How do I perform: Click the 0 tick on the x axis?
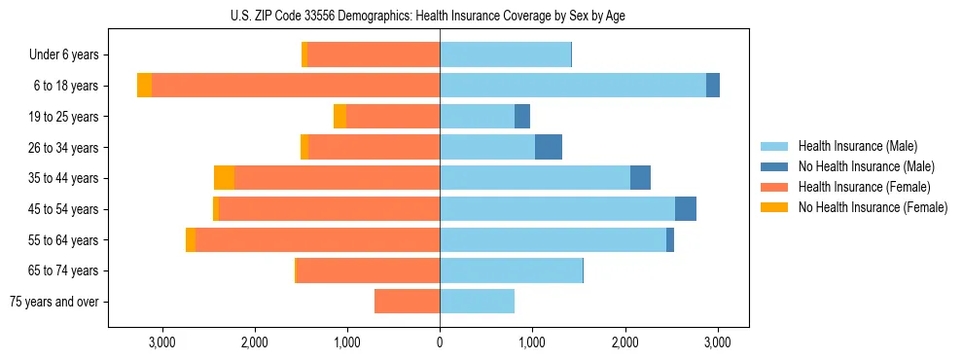click(x=440, y=342)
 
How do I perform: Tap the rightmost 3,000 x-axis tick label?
click(x=717, y=342)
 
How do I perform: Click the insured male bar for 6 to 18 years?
click(x=573, y=86)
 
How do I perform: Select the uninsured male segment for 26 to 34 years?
click(x=549, y=147)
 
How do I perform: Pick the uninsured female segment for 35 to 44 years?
click(x=224, y=178)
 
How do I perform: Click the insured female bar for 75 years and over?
click(x=407, y=302)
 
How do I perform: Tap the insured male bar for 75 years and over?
click(x=477, y=302)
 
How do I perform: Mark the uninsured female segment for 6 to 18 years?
click(x=144, y=86)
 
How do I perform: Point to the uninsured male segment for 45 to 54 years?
click(x=686, y=209)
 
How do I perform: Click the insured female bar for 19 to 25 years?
click(x=393, y=117)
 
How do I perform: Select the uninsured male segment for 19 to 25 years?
click(x=522, y=117)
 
